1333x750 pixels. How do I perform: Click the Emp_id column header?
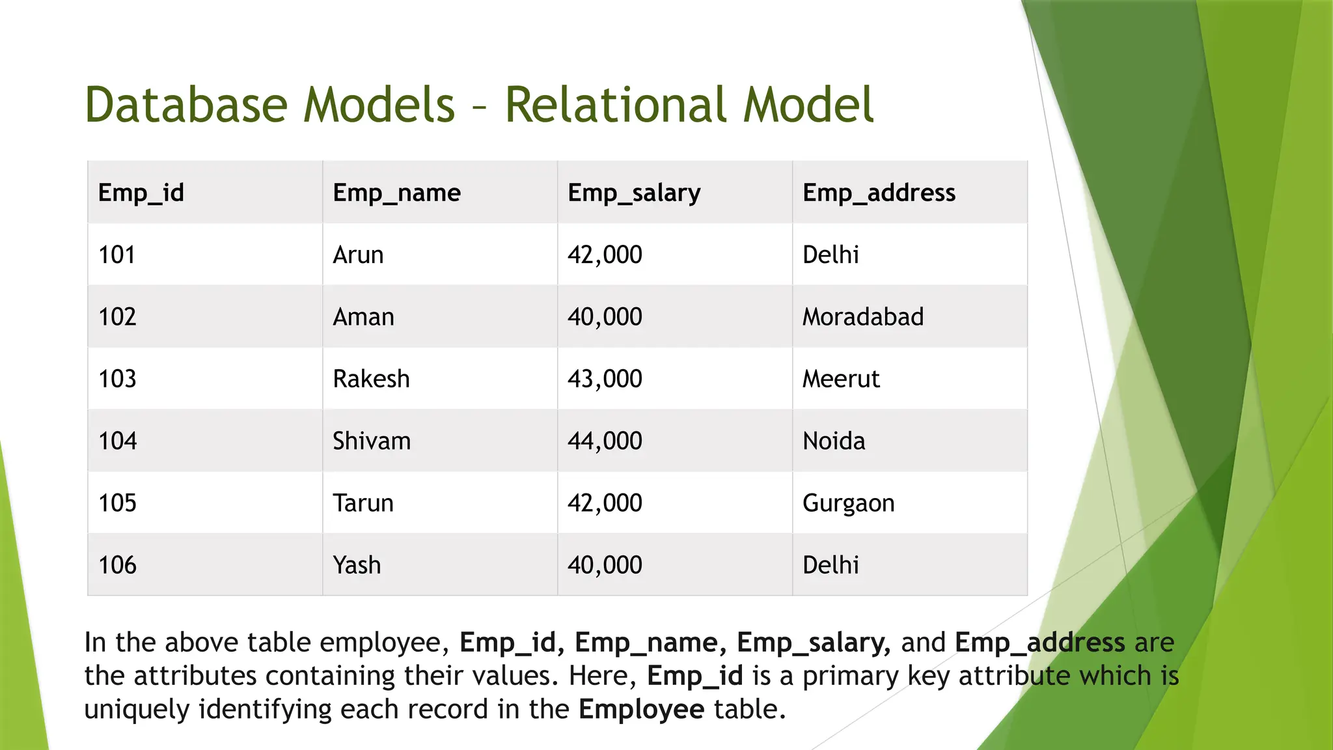141,193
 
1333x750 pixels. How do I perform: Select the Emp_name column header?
396,193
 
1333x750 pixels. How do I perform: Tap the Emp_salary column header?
634,193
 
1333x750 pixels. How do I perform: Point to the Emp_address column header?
879,193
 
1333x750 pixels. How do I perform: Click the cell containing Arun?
358,255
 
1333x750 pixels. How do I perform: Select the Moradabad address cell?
863,317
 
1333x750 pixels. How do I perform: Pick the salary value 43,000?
605,379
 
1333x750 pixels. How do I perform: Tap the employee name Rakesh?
371,379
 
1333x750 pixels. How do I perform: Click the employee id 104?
118,441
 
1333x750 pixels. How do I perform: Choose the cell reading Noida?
834,441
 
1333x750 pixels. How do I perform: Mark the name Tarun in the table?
363,503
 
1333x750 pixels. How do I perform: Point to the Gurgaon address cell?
848,503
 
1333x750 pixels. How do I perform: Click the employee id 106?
118,565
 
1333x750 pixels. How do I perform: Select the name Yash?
357,565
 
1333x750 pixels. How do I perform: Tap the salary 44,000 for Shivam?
605,441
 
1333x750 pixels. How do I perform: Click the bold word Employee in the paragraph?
641,709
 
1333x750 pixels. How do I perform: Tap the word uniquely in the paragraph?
137,709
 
